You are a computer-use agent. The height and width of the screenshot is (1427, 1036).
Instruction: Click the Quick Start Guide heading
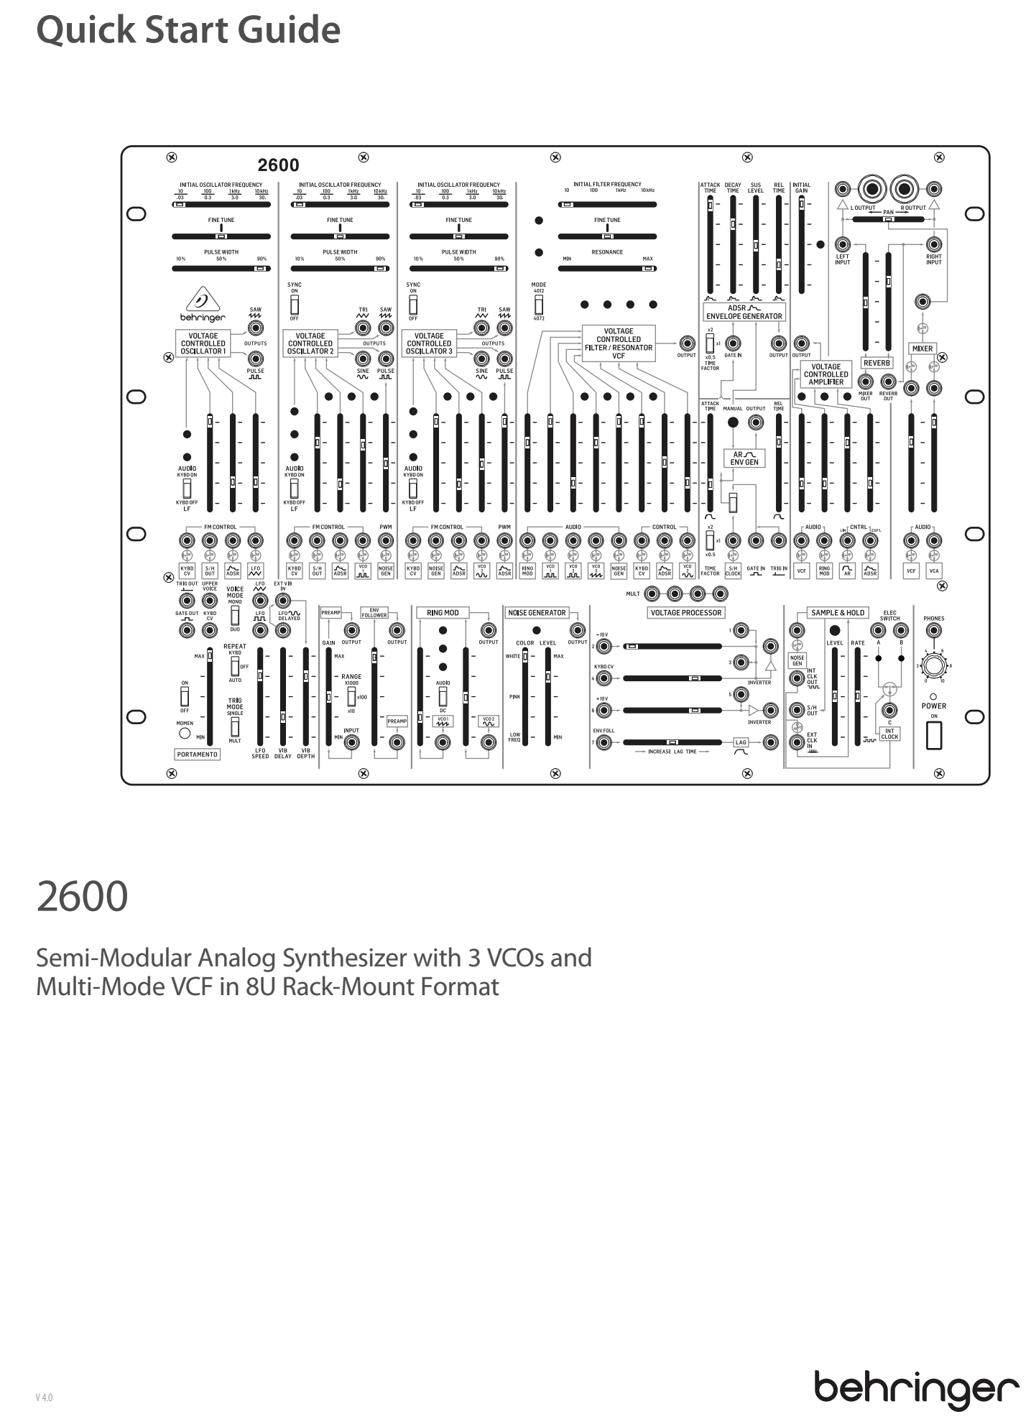tap(188, 31)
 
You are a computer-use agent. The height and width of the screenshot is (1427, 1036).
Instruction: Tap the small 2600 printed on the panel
tap(279, 166)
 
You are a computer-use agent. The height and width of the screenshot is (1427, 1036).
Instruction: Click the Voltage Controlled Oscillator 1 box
tap(203, 343)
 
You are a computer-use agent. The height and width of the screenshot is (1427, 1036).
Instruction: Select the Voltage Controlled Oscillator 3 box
tap(429, 343)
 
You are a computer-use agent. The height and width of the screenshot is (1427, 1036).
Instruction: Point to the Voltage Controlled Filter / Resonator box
tap(619, 343)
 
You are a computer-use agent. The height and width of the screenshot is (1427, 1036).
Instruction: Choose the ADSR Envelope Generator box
tap(744, 312)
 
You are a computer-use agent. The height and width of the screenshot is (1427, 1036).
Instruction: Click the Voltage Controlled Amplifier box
tap(825, 374)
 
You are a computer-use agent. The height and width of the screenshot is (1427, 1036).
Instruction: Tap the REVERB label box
tap(877, 363)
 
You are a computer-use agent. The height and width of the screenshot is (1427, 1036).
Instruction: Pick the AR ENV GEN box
tap(744, 458)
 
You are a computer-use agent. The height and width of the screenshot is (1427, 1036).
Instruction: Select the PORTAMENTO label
tap(198, 754)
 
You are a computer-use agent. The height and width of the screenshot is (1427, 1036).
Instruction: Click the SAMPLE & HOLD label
tap(838, 613)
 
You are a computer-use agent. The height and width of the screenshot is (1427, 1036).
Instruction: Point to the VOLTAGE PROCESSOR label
tap(685, 613)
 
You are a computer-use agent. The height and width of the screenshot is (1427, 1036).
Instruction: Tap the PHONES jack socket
tap(933, 631)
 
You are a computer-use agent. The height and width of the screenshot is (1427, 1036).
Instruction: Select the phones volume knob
tap(933, 666)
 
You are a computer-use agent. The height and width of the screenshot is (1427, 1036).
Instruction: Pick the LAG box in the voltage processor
tap(741, 742)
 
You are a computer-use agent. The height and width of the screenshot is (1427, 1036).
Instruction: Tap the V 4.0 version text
tap(44, 1398)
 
